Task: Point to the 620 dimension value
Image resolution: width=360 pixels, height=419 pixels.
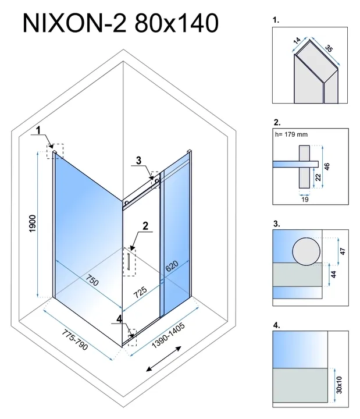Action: [x=170, y=267]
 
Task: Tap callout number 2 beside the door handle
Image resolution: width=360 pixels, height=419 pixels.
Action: [x=147, y=225]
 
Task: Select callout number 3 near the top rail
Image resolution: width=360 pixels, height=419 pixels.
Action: [x=138, y=160]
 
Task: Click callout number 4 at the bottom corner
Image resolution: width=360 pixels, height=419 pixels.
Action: [x=119, y=318]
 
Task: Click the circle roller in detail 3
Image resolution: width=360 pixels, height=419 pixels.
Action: [x=305, y=252]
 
